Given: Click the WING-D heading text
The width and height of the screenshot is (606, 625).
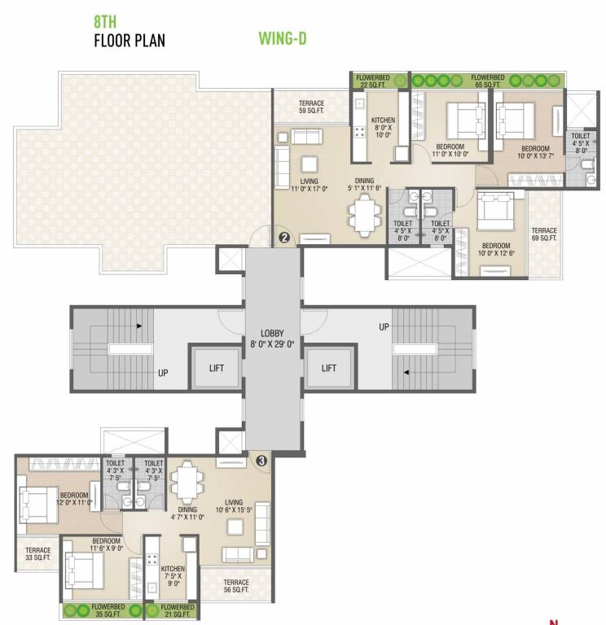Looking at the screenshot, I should click(282, 37).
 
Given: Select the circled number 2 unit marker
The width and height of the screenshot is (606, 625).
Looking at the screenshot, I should click(284, 238).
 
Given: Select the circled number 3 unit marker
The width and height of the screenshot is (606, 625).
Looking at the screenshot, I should click(261, 460).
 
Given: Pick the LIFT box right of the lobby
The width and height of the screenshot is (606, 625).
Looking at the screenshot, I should click(328, 368).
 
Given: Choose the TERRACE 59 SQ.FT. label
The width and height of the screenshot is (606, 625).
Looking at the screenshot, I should click(311, 107).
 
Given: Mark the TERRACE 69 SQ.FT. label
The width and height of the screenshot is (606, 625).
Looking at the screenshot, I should click(543, 234).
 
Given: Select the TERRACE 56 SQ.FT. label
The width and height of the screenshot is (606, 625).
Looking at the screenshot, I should click(236, 587).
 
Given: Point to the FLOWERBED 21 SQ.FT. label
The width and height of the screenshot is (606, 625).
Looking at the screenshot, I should click(177, 611).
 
